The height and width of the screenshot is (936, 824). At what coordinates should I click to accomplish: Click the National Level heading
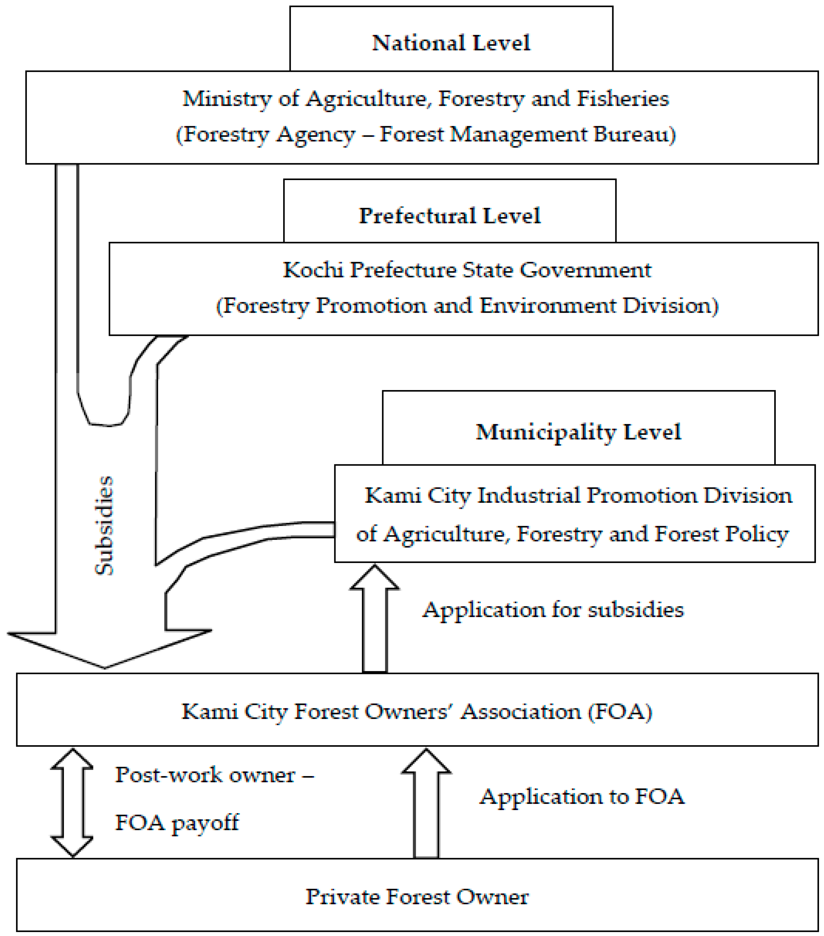[451, 43]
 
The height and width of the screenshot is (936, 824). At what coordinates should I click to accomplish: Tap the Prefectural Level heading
[450, 216]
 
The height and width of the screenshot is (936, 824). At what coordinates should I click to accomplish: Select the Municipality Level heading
[578, 432]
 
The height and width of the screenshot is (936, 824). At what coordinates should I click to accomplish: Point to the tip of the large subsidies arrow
[105, 667]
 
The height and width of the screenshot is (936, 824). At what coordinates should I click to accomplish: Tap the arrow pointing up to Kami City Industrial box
[374, 618]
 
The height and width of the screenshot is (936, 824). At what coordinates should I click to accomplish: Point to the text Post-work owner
[205, 775]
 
